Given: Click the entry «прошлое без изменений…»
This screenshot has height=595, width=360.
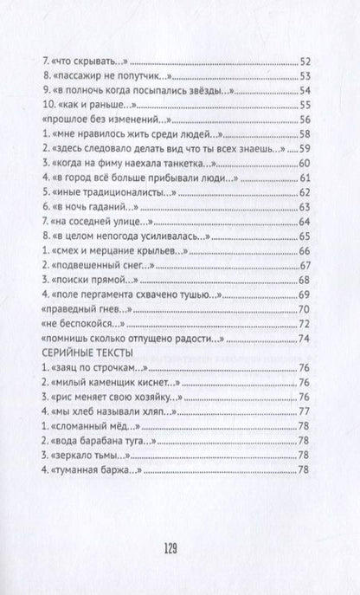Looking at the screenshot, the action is click(107, 120).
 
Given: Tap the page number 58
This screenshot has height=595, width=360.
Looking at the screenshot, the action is click(303, 135).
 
